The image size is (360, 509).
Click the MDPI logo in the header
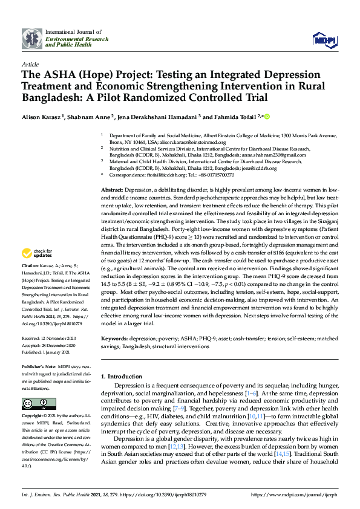point(324,40)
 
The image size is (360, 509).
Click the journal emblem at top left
point(32,38)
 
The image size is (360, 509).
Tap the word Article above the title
point(30,63)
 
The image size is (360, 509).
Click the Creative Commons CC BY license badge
point(31,404)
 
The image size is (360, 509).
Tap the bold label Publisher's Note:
point(41,368)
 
